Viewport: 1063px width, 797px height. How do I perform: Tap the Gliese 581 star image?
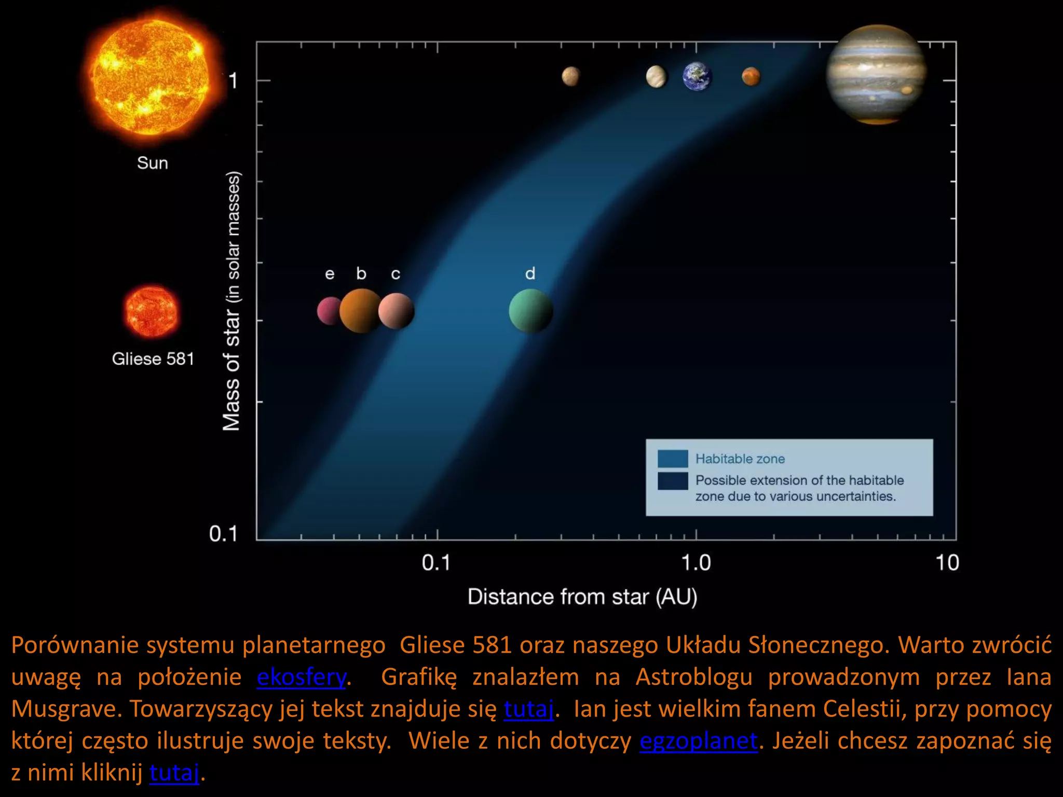pyautogui.click(x=151, y=312)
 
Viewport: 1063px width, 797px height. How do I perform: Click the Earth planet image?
pyautogui.click(x=697, y=77)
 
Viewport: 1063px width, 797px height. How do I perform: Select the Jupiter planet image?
pyautogui.click(x=876, y=74)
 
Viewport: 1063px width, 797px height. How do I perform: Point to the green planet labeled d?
pyautogui.click(x=530, y=311)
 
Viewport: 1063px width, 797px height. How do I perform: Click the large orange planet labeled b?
pyautogui.click(x=361, y=311)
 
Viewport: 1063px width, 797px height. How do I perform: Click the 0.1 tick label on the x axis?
pyautogui.click(x=436, y=563)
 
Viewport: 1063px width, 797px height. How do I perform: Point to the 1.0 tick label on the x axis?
pyautogui.click(x=696, y=563)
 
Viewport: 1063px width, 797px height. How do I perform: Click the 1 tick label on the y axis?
pyautogui.click(x=233, y=81)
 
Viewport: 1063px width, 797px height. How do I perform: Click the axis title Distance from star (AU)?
pyautogui.click(x=582, y=597)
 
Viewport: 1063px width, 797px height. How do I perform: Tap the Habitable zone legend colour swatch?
pyautogui.click(x=673, y=459)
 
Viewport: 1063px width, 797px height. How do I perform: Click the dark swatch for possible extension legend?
pyautogui.click(x=673, y=481)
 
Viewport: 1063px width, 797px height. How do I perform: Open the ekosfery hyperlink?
pyautogui.click(x=301, y=677)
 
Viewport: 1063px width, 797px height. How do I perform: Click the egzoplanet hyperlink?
pyautogui.click(x=698, y=741)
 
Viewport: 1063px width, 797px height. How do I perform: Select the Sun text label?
pyautogui.click(x=153, y=163)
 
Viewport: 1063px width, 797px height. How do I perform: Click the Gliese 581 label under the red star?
pyautogui.click(x=153, y=359)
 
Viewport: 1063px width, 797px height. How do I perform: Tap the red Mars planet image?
pyautogui.click(x=751, y=77)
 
